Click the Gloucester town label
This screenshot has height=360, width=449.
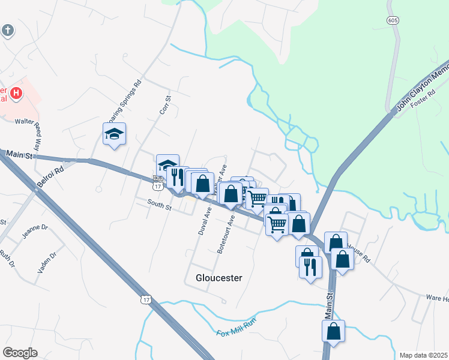point(218,278)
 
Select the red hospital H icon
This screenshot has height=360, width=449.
point(17,94)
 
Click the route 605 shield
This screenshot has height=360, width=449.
point(393,20)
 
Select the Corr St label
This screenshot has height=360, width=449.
point(166,106)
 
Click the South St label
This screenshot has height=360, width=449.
point(160,205)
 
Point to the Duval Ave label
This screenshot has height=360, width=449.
point(203,220)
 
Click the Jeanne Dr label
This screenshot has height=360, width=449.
point(33,232)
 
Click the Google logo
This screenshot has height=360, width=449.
point(20,353)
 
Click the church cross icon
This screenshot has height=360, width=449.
point(7,30)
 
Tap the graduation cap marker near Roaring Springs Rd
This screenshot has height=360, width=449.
point(113,134)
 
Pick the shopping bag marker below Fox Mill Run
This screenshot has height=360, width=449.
point(334,331)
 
